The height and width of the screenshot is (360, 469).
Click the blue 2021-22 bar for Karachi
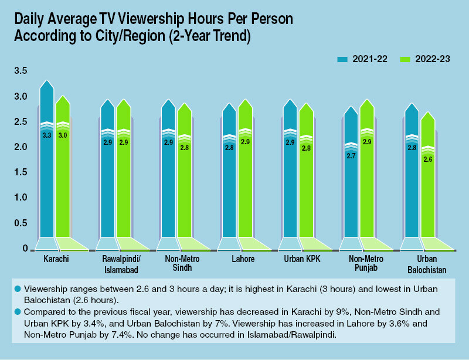[47, 176]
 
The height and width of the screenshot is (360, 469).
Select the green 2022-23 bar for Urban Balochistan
[428, 188]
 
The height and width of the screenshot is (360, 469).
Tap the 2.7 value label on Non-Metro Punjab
[351, 155]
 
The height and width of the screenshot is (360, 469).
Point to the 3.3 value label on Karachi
[47, 135]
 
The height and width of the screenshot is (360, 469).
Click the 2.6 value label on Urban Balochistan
[428, 159]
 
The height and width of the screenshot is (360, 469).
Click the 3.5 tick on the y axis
[21, 71]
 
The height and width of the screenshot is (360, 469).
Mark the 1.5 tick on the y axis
[21, 172]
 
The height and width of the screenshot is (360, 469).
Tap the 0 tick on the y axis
[25, 249]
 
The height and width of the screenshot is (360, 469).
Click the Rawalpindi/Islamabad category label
[115, 263]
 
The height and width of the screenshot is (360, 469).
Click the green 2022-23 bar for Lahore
[245, 188]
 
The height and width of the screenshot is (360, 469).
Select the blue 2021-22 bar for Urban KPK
[290, 188]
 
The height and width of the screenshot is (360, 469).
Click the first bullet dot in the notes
[18, 288]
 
